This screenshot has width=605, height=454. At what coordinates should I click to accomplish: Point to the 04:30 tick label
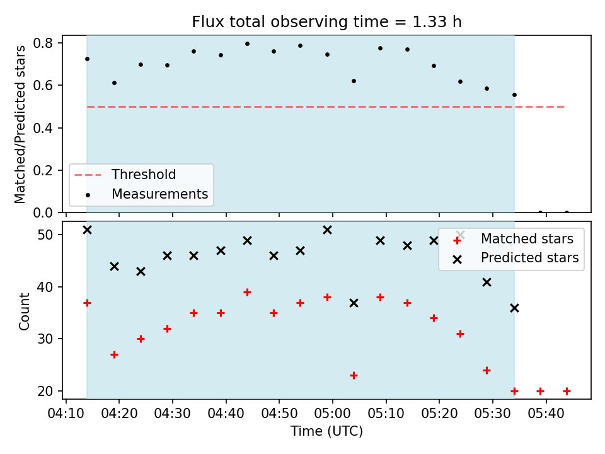coord(172,414)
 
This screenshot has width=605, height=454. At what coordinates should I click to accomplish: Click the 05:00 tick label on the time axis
coord(332,414)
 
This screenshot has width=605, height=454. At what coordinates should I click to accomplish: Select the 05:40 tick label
coord(546,414)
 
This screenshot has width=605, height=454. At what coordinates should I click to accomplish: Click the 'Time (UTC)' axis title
coord(327,431)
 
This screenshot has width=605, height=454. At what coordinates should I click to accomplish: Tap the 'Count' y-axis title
coord(25,311)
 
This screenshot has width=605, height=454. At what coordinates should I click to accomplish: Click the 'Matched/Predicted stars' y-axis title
coord(20,124)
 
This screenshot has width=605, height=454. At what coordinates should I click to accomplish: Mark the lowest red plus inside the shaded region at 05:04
coord(354,375)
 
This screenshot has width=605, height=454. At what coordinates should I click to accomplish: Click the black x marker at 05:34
coord(514,308)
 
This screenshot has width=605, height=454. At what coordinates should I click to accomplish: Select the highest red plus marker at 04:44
coord(247,292)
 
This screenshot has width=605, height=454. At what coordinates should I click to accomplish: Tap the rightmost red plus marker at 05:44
coord(567,391)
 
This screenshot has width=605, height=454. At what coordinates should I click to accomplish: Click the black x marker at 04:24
coord(141,271)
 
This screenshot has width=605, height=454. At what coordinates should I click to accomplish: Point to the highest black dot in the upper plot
coord(247,44)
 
